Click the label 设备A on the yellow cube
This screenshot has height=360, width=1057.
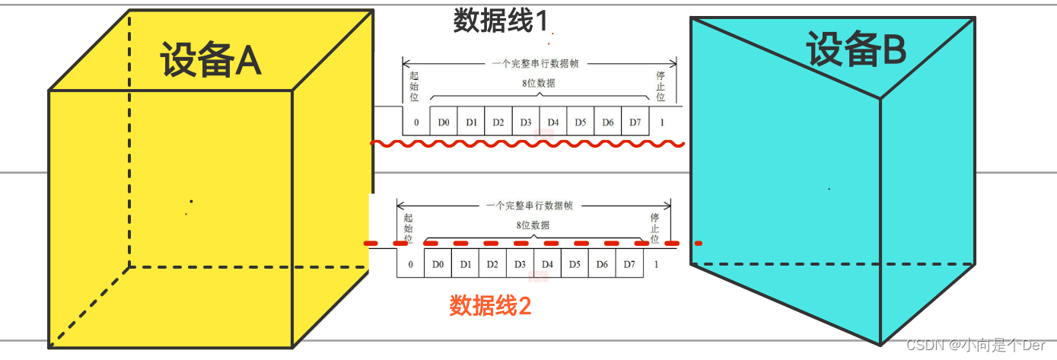point(211,60)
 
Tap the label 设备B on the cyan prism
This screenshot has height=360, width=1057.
point(856,51)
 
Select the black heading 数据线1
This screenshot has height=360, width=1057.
point(500,21)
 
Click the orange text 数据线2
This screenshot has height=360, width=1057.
point(490,306)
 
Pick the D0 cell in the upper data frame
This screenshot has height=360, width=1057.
point(444,123)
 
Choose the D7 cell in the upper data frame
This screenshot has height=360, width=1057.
point(635,123)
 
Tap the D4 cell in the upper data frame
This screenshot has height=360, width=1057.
point(553,123)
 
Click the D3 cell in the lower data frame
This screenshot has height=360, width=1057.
point(520,264)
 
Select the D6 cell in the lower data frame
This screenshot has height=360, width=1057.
point(602,264)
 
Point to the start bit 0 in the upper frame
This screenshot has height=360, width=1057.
point(416,123)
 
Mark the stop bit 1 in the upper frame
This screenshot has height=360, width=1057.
point(662,123)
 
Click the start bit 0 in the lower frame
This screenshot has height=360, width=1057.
point(410,264)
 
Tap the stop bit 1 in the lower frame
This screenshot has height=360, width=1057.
point(656,264)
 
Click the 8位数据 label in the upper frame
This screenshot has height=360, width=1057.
point(538,84)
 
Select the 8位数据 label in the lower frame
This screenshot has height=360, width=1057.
point(533,225)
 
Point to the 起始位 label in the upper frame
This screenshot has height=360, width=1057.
point(413,87)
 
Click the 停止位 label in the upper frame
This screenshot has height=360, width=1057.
point(661,87)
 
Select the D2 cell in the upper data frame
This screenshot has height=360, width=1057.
point(498,123)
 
